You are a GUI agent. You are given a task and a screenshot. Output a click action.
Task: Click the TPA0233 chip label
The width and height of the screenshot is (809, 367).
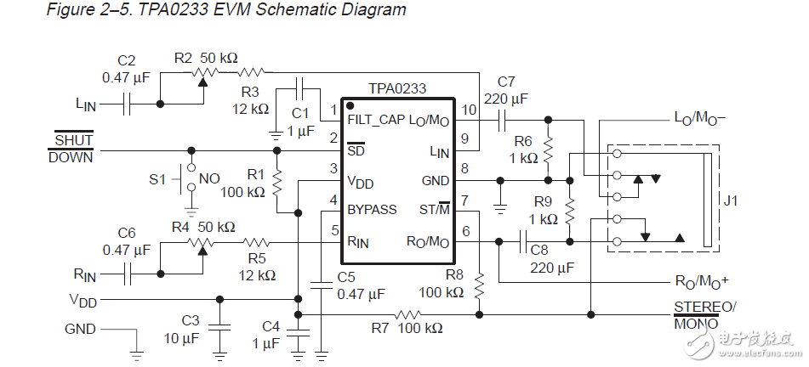(397, 88)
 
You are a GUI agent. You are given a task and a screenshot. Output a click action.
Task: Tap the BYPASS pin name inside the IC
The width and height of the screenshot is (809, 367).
(372, 209)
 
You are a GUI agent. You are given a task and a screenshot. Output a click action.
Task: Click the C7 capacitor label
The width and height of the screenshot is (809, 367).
(506, 82)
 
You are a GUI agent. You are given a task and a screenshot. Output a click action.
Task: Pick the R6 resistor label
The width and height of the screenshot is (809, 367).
(522, 141)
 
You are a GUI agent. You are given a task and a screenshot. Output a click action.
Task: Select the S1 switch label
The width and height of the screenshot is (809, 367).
(158, 180)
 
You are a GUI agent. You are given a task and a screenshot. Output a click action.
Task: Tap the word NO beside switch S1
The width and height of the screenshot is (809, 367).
(209, 180)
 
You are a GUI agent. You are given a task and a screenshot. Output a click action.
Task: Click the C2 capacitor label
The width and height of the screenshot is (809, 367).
(127, 61)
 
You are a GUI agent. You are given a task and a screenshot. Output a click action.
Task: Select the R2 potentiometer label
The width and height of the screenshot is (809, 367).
(183, 58)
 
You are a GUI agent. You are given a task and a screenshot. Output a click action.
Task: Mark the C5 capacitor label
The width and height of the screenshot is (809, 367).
(345, 277)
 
